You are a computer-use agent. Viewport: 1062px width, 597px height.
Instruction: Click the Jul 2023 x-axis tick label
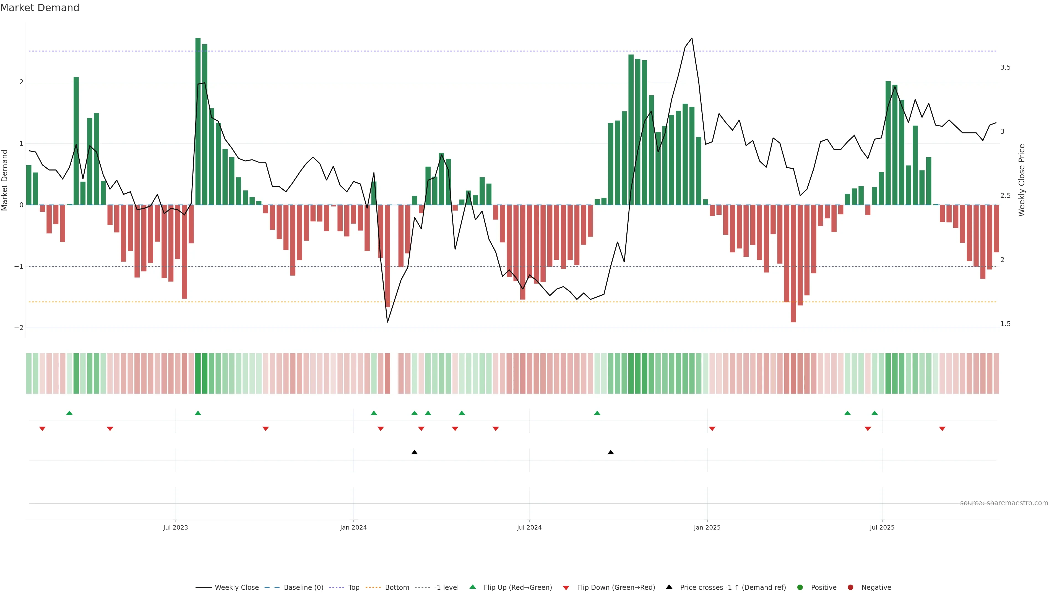tap(175, 527)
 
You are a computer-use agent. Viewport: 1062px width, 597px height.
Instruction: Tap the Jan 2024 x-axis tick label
tap(353, 527)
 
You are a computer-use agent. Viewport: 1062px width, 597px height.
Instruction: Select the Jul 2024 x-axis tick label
tap(529, 527)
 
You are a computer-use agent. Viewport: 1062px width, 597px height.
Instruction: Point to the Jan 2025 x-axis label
tap(707, 527)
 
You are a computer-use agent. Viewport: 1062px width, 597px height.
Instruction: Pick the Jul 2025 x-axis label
tap(882, 527)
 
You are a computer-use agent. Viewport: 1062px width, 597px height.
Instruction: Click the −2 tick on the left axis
tap(19, 328)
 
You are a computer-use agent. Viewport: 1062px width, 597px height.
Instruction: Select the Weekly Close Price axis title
tap(1022, 180)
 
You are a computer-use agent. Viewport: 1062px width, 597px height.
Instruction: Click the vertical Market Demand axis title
tap(5, 180)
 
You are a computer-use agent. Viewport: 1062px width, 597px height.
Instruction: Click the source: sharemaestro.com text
tap(1004, 503)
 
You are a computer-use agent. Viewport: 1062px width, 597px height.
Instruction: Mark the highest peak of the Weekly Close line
tap(692, 38)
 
